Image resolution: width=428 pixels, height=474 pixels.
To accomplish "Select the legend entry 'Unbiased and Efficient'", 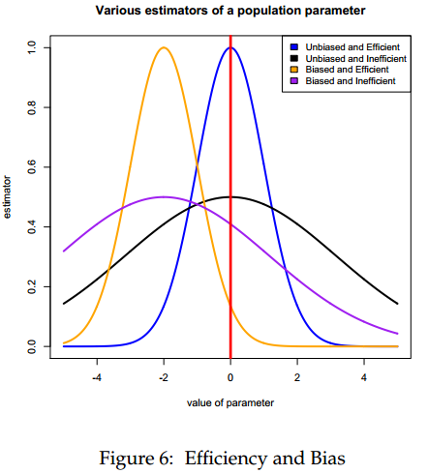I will click(x=344, y=45).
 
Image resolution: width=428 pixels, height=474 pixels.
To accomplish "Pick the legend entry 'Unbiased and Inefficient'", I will click(x=347, y=58).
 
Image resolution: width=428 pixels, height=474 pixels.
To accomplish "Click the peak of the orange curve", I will click(x=164, y=47).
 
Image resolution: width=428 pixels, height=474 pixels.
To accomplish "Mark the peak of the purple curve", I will click(x=164, y=196).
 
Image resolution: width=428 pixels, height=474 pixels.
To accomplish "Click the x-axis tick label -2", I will click(x=164, y=377).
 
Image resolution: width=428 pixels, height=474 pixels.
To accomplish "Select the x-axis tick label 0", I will click(x=230, y=377).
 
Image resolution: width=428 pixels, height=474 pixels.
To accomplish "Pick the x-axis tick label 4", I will click(x=364, y=377).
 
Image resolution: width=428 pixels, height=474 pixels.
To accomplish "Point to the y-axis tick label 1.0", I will click(x=32, y=47).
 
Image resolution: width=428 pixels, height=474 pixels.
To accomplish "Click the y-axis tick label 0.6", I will click(x=32, y=167).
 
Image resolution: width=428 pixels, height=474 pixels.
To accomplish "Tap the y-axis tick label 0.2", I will click(x=32, y=286).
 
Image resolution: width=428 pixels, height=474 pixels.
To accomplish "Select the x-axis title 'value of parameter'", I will click(x=229, y=401).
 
